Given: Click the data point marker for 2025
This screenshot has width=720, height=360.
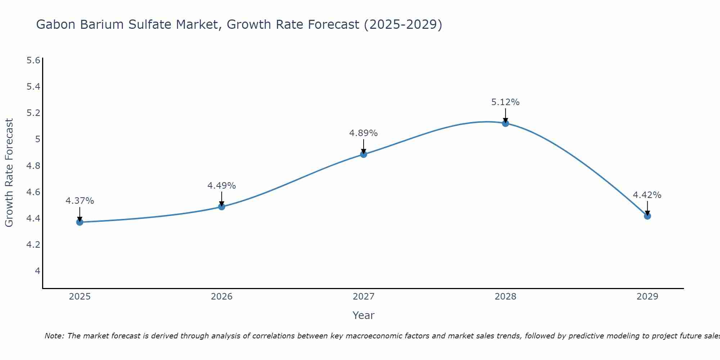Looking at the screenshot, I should coord(80,222).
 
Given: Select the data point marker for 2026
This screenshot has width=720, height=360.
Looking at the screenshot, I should coord(222,207).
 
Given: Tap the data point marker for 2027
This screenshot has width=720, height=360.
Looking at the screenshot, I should coord(364,154).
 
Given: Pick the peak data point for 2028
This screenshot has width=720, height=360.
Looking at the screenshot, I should coord(505,123).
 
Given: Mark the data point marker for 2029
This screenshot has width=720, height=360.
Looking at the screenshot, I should coord(647,216).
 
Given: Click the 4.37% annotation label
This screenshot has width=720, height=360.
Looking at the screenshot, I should coord(80,201).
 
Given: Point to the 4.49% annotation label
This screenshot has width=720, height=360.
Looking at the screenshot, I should coord(221,186).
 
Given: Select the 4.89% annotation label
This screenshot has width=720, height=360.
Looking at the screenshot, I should coord(363,133).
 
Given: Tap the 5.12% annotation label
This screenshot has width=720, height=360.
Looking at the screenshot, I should coord(505,102).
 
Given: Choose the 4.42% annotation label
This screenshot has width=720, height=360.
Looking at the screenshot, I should coord(647,195).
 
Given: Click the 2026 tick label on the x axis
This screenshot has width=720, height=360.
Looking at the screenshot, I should coord(221,297).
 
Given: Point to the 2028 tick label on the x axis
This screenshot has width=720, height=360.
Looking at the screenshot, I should coord(505,297).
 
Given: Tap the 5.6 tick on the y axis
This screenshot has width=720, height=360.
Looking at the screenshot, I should coord(33,60).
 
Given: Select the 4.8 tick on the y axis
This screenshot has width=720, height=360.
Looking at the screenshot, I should coord(33,166).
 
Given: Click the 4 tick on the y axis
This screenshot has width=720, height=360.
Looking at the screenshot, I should coord(37,271).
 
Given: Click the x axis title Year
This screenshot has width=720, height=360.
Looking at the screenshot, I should coord(363,315).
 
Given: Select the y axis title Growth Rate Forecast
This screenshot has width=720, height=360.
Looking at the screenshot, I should coord(9,173).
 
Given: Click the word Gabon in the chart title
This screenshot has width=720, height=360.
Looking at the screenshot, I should coord(56,24).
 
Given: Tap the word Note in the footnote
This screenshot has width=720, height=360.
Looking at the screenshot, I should coord(54,336).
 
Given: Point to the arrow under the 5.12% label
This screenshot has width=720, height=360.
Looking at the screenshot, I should coord(505,115).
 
